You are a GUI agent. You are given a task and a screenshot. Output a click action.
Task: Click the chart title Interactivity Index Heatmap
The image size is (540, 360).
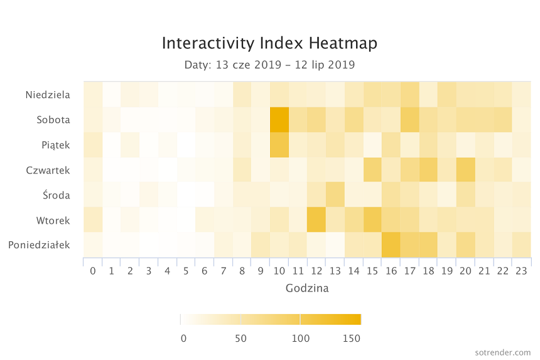[x=269, y=43]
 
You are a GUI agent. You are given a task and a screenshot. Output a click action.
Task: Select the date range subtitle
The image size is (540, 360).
[x=269, y=65]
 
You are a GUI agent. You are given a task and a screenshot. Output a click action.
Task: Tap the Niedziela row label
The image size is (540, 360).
[x=48, y=95]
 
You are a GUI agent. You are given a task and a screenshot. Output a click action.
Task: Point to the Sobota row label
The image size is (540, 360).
[x=53, y=120]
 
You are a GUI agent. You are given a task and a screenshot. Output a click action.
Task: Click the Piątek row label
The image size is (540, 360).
[x=56, y=145]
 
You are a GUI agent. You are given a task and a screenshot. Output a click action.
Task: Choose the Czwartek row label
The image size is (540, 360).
[x=48, y=170]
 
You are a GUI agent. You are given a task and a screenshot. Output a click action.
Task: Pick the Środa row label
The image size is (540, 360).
[x=57, y=195]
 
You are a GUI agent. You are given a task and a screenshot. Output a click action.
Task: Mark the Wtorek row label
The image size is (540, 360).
[x=53, y=221]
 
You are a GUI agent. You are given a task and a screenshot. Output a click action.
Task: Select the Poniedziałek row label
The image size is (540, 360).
[x=40, y=245]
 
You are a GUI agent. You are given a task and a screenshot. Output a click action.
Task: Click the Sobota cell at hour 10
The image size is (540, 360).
[x=279, y=120]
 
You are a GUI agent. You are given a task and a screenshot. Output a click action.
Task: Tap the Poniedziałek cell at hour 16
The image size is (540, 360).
[x=391, y=245]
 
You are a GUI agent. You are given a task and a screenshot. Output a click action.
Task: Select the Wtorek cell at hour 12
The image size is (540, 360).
[x=316, y=220]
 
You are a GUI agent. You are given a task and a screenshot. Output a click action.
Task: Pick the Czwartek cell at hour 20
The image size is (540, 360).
[x=466, y=170]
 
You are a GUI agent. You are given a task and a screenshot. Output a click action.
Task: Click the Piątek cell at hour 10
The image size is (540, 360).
[x=279, y=145]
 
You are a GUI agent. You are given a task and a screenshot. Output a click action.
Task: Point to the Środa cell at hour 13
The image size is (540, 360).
[x=335, y=195]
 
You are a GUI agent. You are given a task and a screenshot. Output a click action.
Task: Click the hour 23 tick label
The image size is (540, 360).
[x=521, y=271]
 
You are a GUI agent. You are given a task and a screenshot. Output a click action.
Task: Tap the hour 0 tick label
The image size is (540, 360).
[x=93, y=271]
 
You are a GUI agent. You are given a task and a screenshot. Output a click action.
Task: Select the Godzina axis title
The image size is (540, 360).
[x=307, y=288]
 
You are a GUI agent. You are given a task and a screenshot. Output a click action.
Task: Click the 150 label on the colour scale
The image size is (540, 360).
[x=351, y=338]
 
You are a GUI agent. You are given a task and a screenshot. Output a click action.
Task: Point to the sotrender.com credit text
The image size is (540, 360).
[x=503, y=352]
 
